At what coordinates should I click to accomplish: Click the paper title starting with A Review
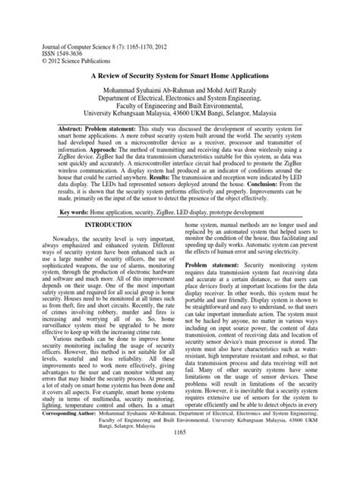[180, 77]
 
